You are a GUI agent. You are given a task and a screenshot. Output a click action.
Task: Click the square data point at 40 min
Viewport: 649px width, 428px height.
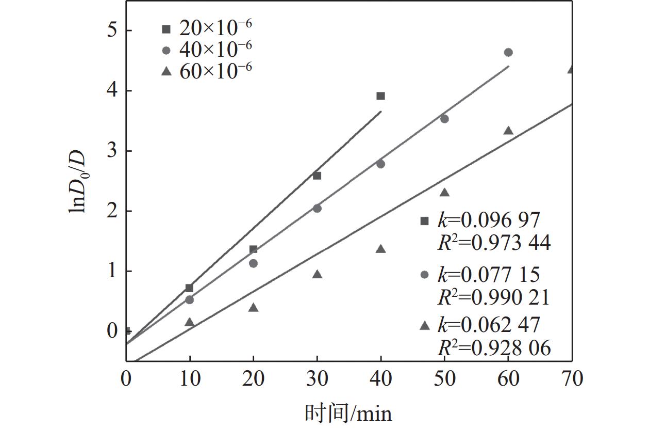click(x=380, y=96)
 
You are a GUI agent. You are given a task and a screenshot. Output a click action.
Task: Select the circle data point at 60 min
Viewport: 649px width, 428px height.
click(x=508, y=52)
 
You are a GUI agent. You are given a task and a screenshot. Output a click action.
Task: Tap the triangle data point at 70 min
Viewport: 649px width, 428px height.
click(x=571, y=69)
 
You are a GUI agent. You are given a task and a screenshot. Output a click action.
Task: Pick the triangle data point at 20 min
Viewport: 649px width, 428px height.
click(x=253, y=308)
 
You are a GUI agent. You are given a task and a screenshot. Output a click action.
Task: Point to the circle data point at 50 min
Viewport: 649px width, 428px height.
click(x=444, y=119)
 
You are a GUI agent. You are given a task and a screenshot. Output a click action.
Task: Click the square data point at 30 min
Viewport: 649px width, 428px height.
click(x=317, y=176)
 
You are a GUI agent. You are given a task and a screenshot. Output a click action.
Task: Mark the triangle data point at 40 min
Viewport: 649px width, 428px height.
click(x=380, y=249)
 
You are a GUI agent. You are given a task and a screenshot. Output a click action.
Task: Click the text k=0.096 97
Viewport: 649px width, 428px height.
click(x=488, y=220)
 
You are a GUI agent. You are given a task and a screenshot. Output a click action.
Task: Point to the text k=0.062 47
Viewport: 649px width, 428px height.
click(x=488, y=325)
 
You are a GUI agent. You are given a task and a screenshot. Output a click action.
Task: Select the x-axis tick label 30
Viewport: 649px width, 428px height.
click(x=317, y=379)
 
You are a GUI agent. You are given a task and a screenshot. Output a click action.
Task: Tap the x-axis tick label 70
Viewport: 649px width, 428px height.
click(x=571, y=379)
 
